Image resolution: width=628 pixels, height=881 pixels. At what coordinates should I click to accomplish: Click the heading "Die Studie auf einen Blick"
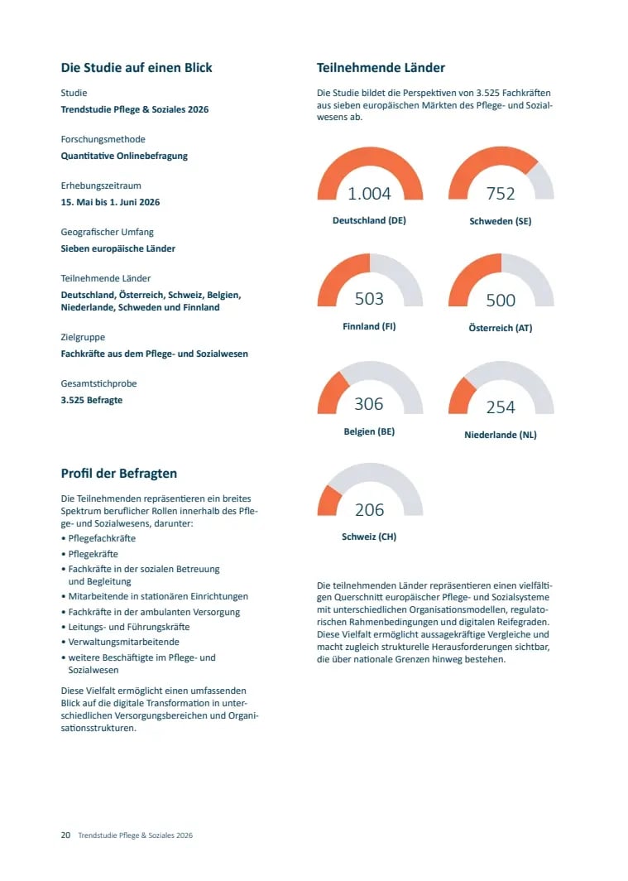[137, 68]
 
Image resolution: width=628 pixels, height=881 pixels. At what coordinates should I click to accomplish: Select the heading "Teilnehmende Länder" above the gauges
[381, 68]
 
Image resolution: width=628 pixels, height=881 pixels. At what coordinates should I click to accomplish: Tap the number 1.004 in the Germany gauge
[369, 193]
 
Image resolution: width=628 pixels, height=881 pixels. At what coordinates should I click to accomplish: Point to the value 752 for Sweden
[501, 193]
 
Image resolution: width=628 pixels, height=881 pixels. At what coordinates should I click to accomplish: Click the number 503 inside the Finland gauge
[369, 298]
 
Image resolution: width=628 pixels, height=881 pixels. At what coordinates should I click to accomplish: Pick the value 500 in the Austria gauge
[501, 300]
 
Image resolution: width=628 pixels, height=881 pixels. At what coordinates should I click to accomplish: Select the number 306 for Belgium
[369, 403]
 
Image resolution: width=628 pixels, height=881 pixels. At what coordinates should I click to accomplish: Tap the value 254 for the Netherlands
[501, 407]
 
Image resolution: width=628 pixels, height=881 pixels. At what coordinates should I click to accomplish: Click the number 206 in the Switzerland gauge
[369, 509]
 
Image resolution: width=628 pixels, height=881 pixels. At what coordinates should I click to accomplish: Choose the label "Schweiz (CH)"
[369, 537]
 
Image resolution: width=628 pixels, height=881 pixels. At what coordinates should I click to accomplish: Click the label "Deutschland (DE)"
[369, 220]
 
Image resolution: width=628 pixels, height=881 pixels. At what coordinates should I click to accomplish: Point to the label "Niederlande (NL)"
[501, 435]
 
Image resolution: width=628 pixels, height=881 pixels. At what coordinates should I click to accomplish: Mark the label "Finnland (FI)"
[369, 326]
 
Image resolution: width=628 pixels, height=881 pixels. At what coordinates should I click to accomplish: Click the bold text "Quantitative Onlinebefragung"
[124, 156]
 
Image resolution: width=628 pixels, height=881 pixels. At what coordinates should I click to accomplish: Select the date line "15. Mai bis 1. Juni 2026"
[110, 202]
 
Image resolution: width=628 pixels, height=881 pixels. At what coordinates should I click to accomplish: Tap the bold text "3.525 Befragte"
[92, 400]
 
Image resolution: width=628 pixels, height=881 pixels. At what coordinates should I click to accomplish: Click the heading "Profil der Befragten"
[119, 474]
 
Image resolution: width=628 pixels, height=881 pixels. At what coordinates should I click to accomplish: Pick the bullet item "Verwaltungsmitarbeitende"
[124, 642]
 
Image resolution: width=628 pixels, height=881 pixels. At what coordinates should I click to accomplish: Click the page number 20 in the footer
[65, 835]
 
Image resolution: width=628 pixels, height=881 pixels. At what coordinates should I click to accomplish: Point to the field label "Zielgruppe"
[83, 337]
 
